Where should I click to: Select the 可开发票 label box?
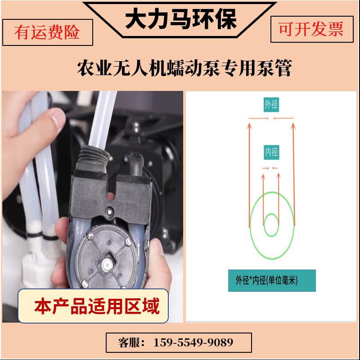click(x=311, y=30)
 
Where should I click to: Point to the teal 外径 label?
click(x=271, y=104)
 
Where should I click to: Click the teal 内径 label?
click(x=271, y=153)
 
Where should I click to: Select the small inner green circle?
click(x=271, y=225)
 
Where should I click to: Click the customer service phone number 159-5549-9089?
click(x=193, y=342)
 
